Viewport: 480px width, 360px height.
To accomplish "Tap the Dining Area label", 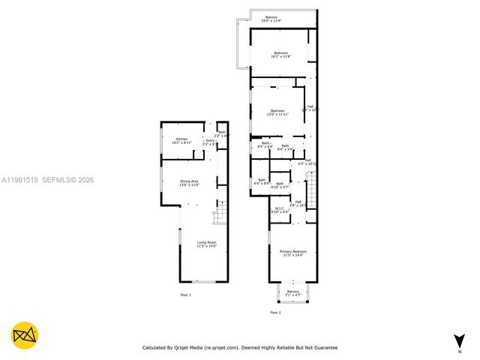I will [189, 182].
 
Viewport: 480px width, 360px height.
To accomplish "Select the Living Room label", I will [206, 244].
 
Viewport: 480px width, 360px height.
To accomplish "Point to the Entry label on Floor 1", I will [211, 140].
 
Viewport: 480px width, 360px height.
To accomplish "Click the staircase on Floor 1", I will [219, 217].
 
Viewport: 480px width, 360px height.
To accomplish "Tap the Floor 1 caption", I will [185, 295].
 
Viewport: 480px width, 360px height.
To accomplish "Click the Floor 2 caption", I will [275, 312].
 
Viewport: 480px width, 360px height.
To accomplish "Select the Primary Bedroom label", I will [293, 253].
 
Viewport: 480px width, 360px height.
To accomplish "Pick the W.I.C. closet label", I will [279, 210].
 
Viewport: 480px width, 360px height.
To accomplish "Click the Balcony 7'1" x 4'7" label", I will [292, 292].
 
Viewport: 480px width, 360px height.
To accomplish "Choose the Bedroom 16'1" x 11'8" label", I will [281, 54].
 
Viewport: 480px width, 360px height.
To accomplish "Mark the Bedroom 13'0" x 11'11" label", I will [278, 112].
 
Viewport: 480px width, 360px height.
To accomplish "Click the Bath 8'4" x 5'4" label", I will [285, 148].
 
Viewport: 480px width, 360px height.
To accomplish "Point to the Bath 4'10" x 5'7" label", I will [280, 185].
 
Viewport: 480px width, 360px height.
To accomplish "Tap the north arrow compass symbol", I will [458, 340].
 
